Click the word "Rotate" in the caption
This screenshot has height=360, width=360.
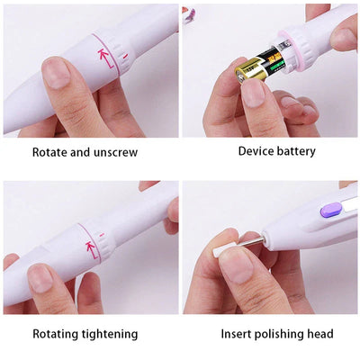(x=49, y=152)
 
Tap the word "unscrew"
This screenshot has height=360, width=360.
(x=115, y=153)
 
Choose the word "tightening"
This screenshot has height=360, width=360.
(x=109, y=334)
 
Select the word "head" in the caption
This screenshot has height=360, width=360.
(x=320, y=334)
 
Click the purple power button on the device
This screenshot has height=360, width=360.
(x=331, y=210)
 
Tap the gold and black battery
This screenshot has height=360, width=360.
(x=258, y=66)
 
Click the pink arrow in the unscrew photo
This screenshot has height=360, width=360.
(x=106, y=58)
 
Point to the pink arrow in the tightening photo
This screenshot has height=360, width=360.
(x=92, y=249)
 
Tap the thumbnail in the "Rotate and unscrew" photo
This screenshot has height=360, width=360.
(x=56, y=73)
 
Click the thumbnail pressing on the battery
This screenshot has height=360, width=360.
(x=253, y=93)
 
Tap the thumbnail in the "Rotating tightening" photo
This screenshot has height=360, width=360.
(x=40, y=278)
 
